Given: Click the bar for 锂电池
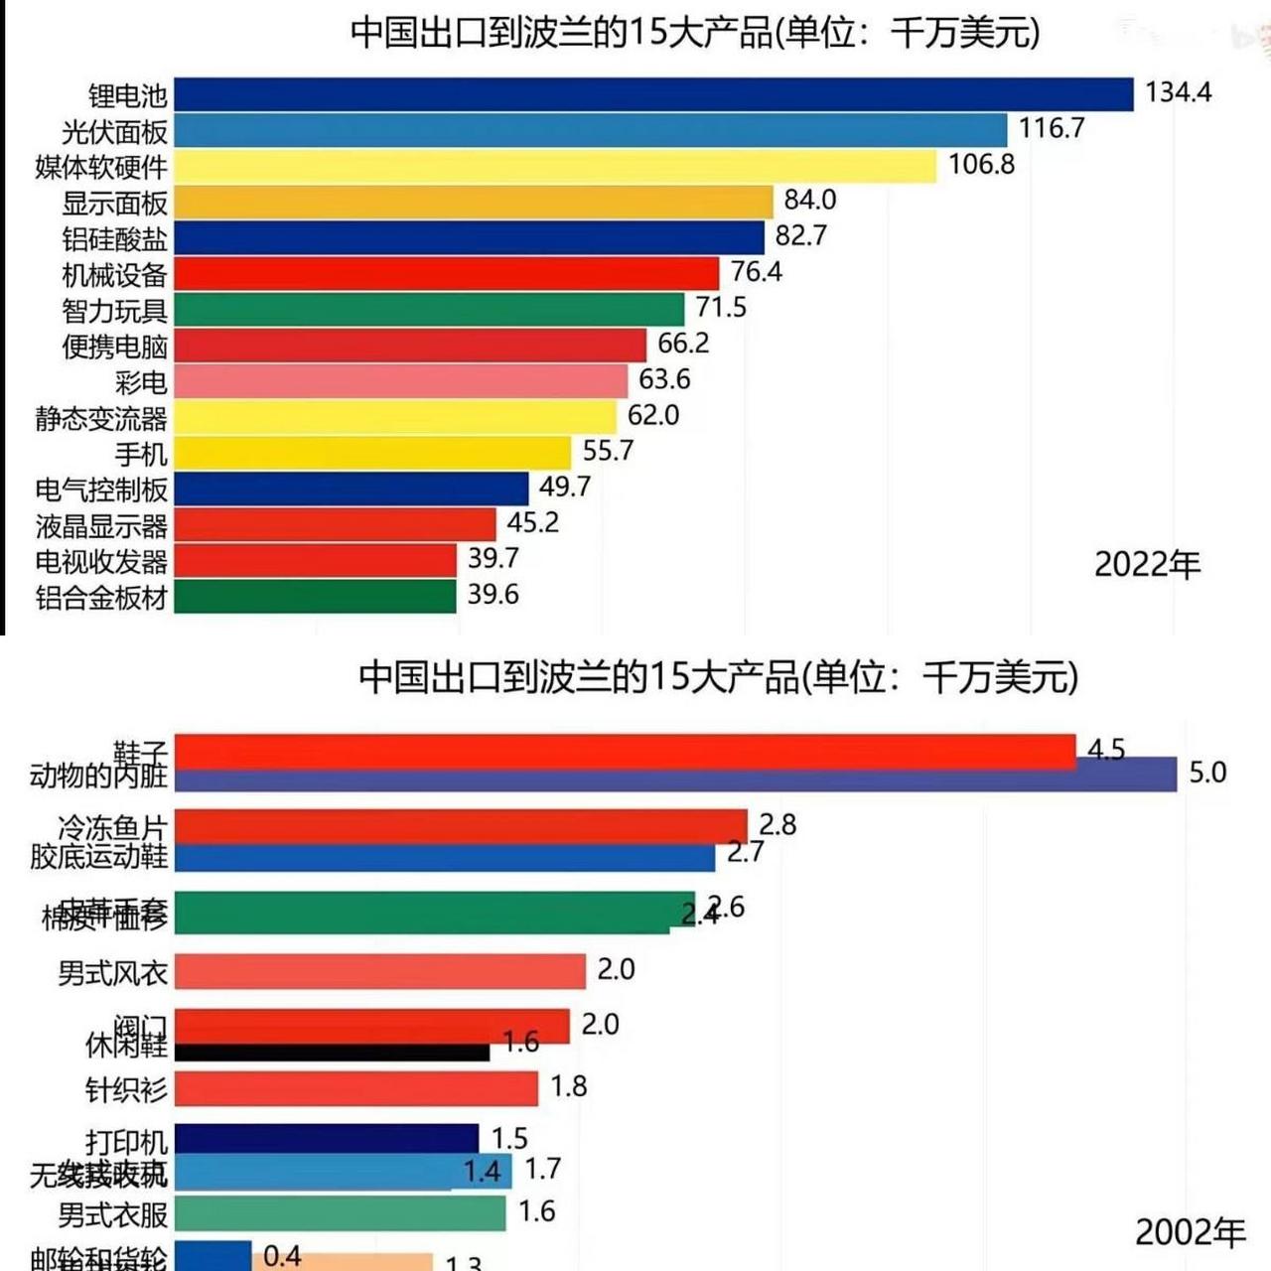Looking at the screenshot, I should (x=653, y=95).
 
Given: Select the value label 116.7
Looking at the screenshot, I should (x=1052, y=128).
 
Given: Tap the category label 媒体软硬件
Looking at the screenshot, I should (x=101, y=167).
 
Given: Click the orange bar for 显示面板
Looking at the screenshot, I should (x=473, y=203).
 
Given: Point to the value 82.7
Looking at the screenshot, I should (x=800, y=235).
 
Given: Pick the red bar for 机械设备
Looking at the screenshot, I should (x=446, y=274).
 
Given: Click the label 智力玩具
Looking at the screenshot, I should (x=114, y=311).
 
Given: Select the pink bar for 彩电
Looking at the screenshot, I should (x=400, y=381).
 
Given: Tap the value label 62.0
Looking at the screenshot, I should (x=653, y=415).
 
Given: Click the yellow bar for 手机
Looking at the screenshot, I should (x=372, y=454).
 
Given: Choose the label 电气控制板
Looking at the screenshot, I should (x=101, y=490).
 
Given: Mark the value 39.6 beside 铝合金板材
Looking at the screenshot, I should (x=494, y=594).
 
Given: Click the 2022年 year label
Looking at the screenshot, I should (x=1147, y=565).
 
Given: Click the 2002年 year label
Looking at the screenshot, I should (x=1190, y=1232).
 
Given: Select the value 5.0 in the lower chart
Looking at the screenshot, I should (x=1207, y=773).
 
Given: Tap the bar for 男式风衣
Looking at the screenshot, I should (x=380, y=972).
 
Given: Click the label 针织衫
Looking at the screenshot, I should (x=126, y=1089).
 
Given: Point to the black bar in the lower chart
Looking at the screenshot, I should (x=332, y=1053).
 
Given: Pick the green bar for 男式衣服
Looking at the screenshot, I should (x=341, y=1213).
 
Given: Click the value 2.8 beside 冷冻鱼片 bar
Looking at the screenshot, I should (x=777, y=824).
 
